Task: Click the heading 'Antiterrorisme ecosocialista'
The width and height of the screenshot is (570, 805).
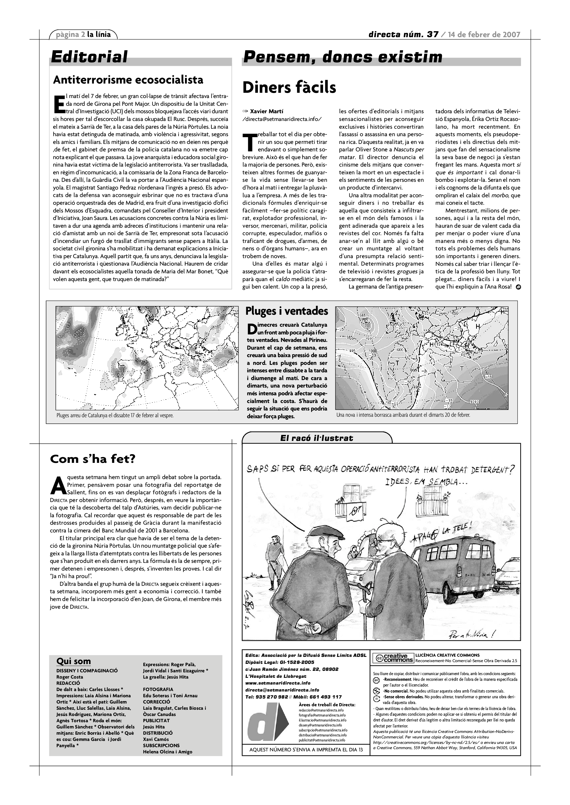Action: pos(128,80)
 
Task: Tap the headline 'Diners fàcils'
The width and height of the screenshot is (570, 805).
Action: pos(289,88)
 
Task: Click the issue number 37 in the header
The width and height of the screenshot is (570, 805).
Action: pos(432,34)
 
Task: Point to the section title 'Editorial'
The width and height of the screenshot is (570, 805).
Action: pos(89,57)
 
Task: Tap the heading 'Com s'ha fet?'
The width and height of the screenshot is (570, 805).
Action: pos(93,459)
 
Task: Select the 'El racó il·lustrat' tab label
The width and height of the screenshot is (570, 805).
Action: pos(317,438)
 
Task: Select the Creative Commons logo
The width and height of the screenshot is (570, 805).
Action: pos(393,658)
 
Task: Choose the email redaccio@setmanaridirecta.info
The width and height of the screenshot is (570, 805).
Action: pos(322,710)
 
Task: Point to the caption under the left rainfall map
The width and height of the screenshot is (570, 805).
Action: pos(115,415)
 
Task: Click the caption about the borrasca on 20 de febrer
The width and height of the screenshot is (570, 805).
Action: pos(403,415)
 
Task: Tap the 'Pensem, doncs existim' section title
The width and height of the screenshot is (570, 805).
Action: pos(343,57)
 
